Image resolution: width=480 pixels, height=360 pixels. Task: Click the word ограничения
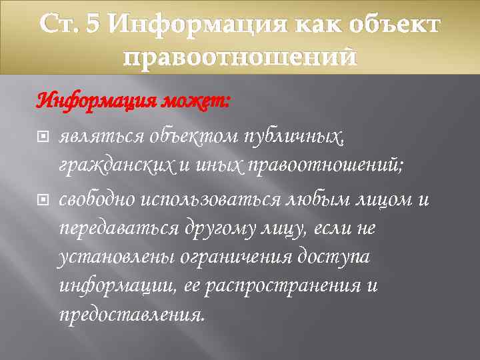coord(217,258)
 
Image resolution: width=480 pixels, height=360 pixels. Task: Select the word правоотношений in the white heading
coord(240,57)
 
